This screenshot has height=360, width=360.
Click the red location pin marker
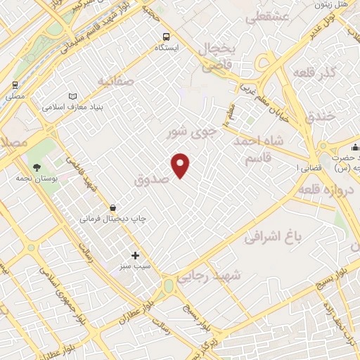pos(181,165)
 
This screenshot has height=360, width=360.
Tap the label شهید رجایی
pos(209,276)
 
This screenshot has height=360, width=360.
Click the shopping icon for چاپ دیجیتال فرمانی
pos(112,207)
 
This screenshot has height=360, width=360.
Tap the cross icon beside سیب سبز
pos(135,256)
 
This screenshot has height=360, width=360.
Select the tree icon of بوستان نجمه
pos(37,167)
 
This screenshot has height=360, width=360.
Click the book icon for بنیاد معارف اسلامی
pos(74,96)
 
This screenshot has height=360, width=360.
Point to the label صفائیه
pos(116,82)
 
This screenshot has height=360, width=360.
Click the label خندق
pos(321,117)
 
